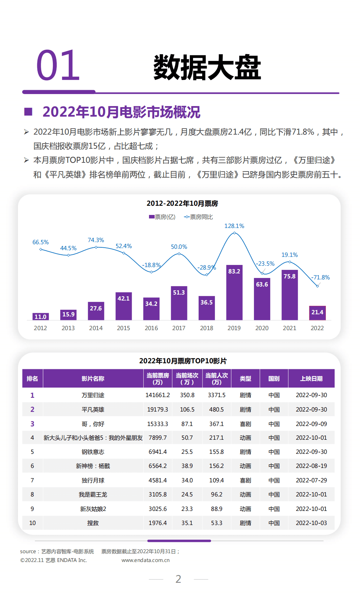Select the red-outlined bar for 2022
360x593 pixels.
coord(317,313)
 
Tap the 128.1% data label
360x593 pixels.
coord(234,226)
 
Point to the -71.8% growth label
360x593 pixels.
coord(321,277)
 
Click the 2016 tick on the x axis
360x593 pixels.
coord(151,328)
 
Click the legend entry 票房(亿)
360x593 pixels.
coord(162,217)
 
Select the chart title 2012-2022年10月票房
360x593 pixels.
coord(182,203)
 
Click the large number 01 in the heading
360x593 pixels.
coord(58,66)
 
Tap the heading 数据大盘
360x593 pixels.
coord(207,67)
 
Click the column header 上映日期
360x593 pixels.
coord(311,379)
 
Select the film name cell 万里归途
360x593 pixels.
coord(93,395)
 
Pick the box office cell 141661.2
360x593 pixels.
coord(157,395)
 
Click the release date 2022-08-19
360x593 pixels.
coord(311,466)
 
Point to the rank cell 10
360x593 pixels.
coord(32,523)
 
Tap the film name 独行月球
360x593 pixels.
coord(93,480)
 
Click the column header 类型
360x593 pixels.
coord(245,379)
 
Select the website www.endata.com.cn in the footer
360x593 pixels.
coord(145,560)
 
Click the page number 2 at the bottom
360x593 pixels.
coord(178,579)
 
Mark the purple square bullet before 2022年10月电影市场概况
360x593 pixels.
coord(28,112)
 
